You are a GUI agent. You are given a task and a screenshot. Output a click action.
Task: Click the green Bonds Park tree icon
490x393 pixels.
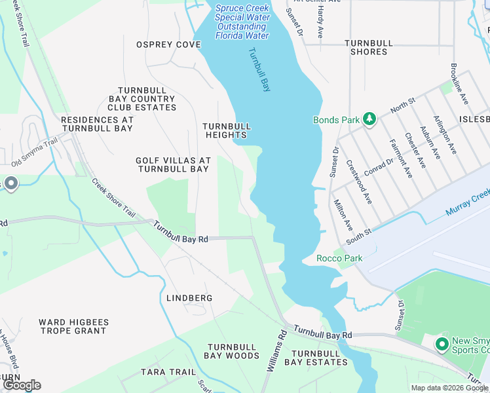point(370,119)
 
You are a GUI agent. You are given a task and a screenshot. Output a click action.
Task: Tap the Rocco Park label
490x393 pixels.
point(339,258)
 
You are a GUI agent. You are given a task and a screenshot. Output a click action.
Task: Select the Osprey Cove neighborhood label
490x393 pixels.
point(168,45)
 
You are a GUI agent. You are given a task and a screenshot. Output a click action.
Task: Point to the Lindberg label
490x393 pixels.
point(189,298)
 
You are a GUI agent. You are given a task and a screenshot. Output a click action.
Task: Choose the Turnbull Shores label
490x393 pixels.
point(369,47)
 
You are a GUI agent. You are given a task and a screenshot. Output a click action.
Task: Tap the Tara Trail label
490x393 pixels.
point(168,372)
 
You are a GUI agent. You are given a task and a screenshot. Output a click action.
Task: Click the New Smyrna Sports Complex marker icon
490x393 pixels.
point(442,343)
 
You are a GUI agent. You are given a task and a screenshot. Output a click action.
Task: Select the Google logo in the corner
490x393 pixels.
point(22,385)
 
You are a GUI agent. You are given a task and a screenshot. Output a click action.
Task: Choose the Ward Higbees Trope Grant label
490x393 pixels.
point(72,326)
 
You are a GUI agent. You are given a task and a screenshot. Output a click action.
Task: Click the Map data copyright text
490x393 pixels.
point(449,388)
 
